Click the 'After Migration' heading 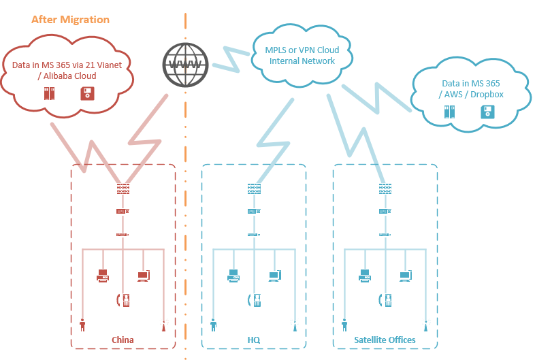[70, 19]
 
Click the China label [123, 340]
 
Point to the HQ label [254, 340]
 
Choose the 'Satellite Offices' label [385, 340]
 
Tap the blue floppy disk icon [487, 112]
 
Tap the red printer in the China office [103, 276]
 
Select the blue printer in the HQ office [233, 276]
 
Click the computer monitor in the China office [144, 276]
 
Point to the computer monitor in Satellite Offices [406, 276]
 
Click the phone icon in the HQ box [255, 299]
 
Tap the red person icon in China [83, 324]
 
